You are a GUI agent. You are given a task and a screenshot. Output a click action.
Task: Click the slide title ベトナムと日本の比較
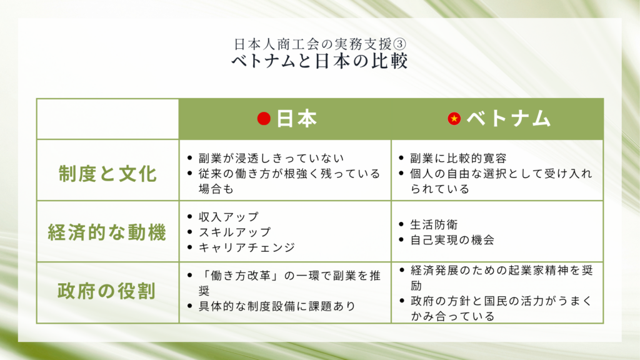click(319, 61)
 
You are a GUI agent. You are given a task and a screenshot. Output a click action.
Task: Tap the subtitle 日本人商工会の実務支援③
click(320, 44)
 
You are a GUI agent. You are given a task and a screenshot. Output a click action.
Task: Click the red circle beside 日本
click(264, 119)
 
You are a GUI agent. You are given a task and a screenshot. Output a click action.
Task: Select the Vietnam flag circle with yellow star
click(454, 119)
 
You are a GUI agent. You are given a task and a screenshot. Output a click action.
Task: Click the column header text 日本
click(297, 119)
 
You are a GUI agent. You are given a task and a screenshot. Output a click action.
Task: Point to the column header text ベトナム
click(509, 119)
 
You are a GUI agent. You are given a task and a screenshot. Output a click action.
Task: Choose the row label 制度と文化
click(107, 174)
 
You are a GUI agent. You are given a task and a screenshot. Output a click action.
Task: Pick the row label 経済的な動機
click(107, 232)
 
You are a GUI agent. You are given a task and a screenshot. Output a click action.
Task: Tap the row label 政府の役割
click(107, 291)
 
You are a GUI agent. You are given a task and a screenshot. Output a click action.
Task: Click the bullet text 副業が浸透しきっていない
click(271, 158)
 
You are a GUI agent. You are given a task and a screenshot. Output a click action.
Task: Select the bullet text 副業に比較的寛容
click(458, 158)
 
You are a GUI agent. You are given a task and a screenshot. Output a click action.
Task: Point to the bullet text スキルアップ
click(235, 232)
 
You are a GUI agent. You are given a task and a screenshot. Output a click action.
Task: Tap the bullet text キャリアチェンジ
click(247, 247)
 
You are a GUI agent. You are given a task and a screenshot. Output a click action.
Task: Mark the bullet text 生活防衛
click(434, 224)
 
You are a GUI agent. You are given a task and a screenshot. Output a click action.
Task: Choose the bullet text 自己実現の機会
click(452, 239)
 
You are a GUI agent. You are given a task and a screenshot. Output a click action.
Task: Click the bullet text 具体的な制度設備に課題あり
click(277, 306)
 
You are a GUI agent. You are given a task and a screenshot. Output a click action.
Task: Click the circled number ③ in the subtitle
click(399, 44)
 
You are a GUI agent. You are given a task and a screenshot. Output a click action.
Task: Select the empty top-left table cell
click(107, 119)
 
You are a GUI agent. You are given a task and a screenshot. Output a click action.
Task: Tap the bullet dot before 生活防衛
click(401, 224)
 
